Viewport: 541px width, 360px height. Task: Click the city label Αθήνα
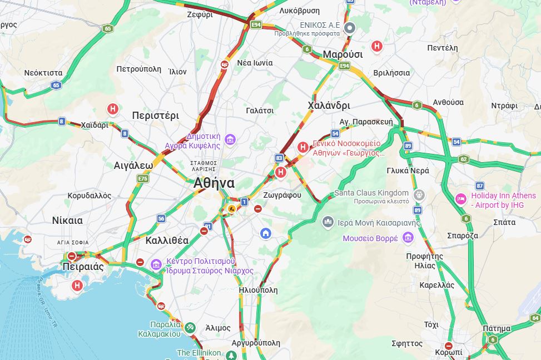pos(214,183)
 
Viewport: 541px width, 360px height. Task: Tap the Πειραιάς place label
pos(83,266)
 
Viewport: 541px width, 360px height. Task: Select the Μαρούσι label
pos(343,54)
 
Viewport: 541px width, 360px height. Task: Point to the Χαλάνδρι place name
pos(329,105)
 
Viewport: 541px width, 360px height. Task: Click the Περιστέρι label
pos(156,116)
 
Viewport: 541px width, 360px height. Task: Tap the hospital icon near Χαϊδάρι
pos(113,109)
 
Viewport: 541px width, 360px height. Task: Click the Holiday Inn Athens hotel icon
pos(461,198)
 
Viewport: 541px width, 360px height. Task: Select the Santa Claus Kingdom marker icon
pos(419,195)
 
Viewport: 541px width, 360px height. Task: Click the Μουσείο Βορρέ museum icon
pos(408,238)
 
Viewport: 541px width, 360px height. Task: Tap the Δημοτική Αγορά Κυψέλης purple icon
pos(230,139)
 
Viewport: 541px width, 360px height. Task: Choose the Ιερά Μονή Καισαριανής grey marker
pos(328,223)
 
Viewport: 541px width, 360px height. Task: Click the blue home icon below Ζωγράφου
pos(266,233)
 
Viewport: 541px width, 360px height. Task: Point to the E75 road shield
pos(143,178)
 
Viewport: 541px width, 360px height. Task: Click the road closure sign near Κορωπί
pos(449,346)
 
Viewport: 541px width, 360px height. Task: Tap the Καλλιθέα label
pos(167,241)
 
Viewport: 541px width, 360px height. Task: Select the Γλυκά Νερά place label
pos(408,171)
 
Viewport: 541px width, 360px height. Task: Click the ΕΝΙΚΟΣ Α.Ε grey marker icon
pos(349,27)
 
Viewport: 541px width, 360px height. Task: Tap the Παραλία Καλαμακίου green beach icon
pos(190,328)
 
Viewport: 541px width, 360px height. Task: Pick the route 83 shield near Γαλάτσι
pos(279,158)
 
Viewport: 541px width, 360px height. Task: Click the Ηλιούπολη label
pos(257,290)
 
